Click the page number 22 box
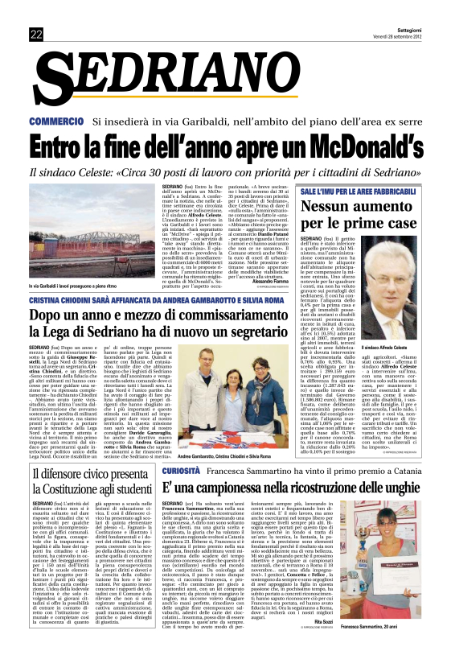tap(36, 33)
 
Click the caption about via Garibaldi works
tap(88, 264)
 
